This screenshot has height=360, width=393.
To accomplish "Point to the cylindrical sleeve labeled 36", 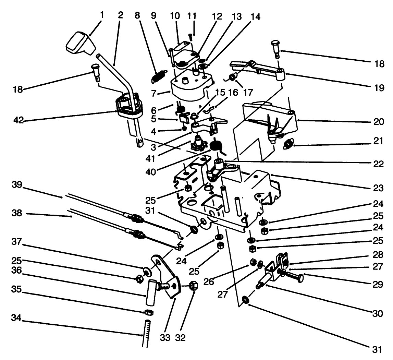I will [x=151, y=292].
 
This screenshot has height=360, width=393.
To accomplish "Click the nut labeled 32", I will [x=193, y=286].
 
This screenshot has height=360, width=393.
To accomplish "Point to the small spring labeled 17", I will [x=233, y=77].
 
